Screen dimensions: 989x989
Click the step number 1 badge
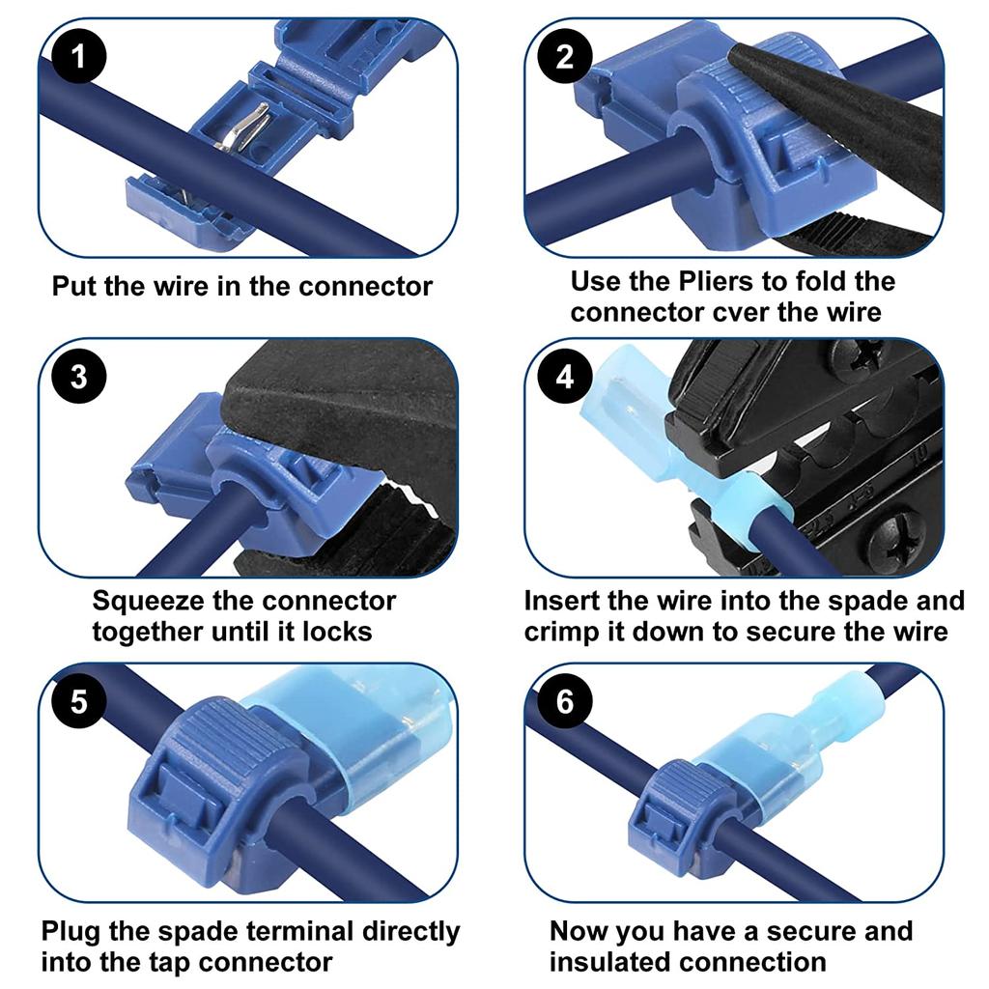click(77, 56)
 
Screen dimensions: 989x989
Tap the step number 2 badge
click(565, 56)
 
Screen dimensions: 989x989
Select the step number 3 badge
click(77, 376)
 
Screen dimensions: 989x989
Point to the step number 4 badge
click(565, 376)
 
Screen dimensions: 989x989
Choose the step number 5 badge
click(77, 700)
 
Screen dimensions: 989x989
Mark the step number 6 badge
click(565, 700)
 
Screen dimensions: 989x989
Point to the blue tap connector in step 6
click(671, 806)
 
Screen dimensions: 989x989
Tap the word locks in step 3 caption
click(337, 632)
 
